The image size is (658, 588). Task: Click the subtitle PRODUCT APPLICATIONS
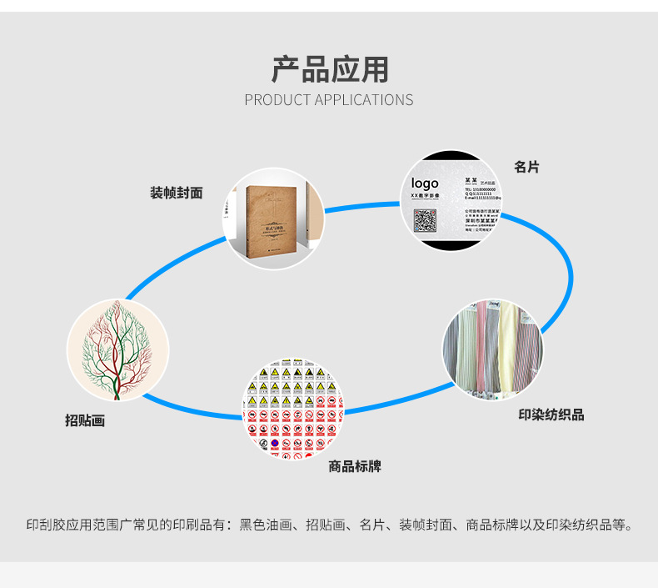[x=329, y=99]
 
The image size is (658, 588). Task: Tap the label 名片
[x=526, y=167]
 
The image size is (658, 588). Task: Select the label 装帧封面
[x=176, y=193]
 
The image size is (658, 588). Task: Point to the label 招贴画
[x=85, y=420]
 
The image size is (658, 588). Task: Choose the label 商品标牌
[x=354, y=466]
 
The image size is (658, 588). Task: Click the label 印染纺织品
[x=551, y=415]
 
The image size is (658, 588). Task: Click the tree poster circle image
[x=117, y=349]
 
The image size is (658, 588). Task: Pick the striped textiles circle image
[x=492, y=349]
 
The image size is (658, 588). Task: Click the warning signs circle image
[x=292, y=409]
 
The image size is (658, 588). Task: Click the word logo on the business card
[x=424, y=183]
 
